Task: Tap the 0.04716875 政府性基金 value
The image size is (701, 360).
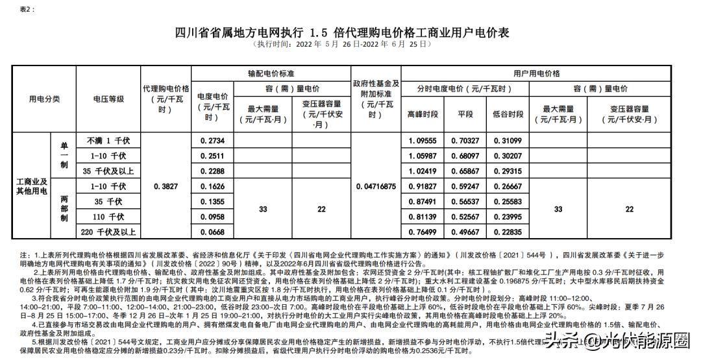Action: pyautogui.click(x=376, y=186)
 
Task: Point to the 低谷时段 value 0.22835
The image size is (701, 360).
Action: pyautogui.click(x=508, y=232)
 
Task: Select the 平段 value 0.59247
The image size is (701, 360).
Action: pyautogui.click(x=465, y=186)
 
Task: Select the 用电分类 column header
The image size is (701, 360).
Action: pyautogui.click(x=44, y=99)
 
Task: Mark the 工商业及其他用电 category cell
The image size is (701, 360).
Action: pyautogui.click(x=32, y=186)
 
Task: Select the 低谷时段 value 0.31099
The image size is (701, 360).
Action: pyautogui.click(x=508, y=141)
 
